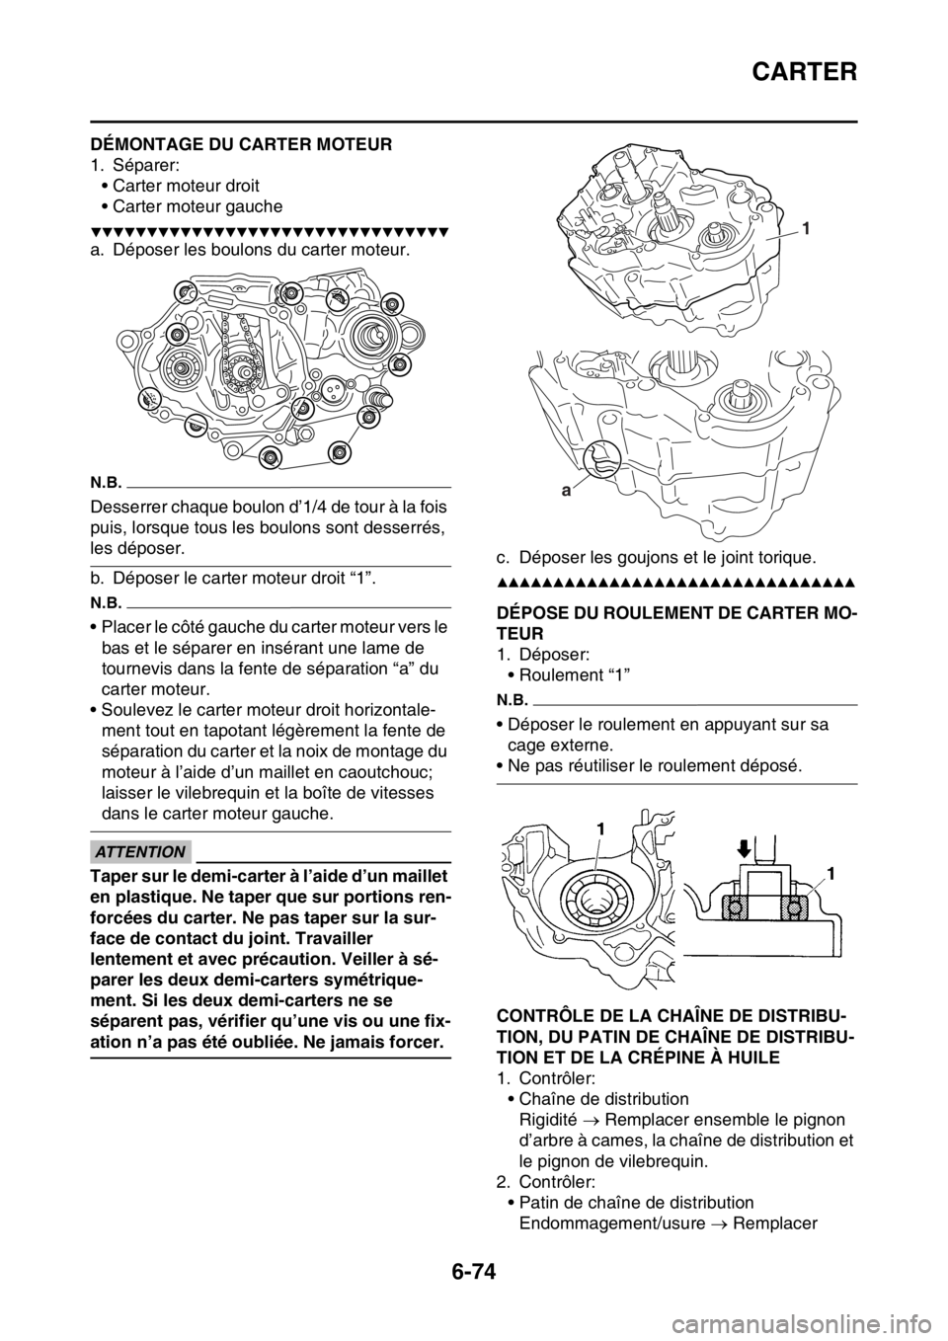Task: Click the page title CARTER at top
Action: pos(805,72)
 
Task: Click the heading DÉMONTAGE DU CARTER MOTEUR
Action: pos(241,145)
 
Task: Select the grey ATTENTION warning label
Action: pos(141,851)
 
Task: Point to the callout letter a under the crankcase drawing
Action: pos(566,492)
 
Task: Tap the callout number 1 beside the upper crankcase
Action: pos(808,228)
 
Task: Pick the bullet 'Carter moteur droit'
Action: pos(186,186)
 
